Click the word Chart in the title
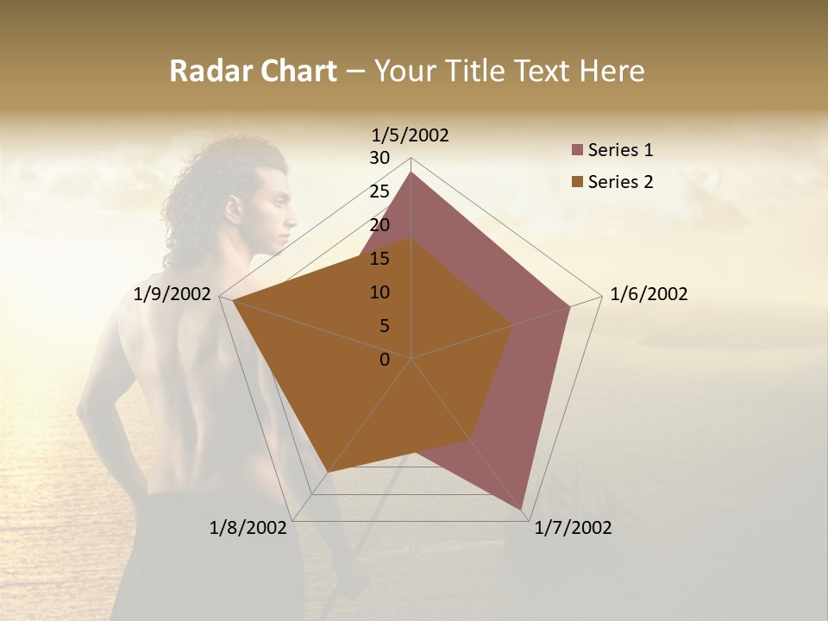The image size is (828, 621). click(x=295, y=71)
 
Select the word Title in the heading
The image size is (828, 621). click(x=476, y=71)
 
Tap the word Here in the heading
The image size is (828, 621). click(x=612, y=71)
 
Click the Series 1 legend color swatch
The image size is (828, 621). click(x=577, y=151)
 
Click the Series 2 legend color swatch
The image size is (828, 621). click(x=577, y=182)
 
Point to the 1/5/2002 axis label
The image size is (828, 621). click(x=411, y=135)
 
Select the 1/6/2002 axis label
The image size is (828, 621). click(x=649, y=295)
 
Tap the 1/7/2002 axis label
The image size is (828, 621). click(x=573, y=528)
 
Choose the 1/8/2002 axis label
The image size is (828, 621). click(x=248, y=528)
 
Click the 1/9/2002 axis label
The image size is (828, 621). click(x=172, y=295)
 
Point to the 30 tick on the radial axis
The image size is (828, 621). click(x=379, y=158)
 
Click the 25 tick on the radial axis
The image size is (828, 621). click(x=379, y=191)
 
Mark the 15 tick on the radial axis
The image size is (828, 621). click(x=379, y=259)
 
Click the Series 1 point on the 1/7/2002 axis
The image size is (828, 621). click(x=523, y=510)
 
